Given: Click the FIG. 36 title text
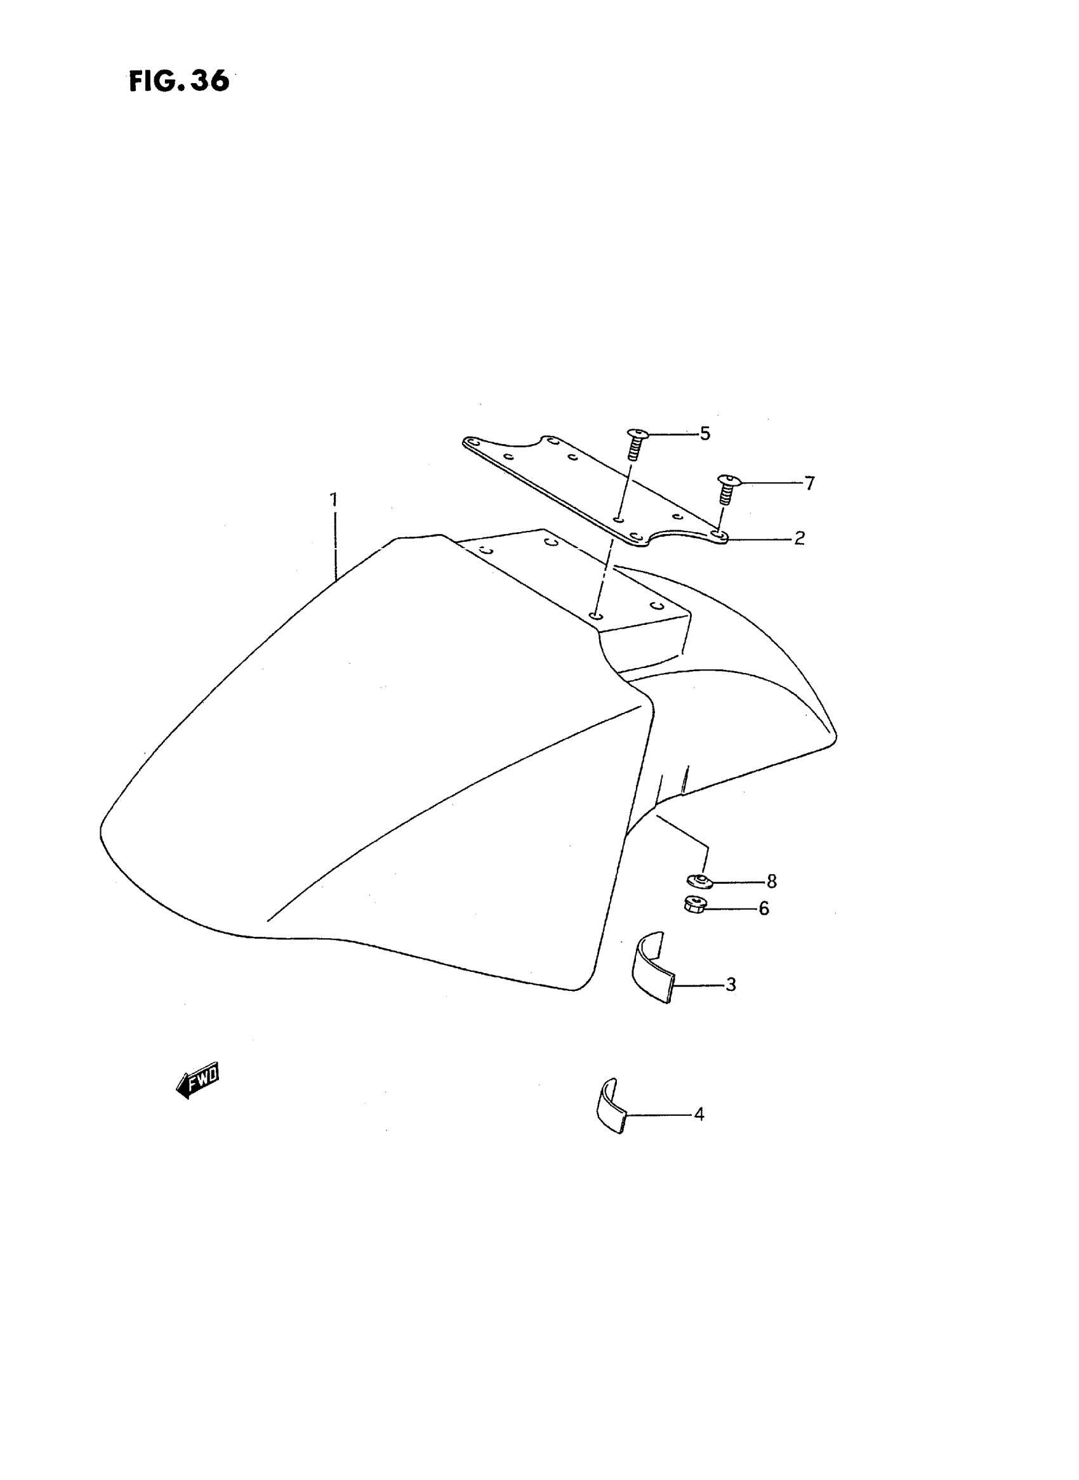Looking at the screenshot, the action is pos(179,81).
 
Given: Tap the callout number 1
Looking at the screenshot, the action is pos(334,500).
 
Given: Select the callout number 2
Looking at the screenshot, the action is pos(799,539).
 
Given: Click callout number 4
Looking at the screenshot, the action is pos(699,1115).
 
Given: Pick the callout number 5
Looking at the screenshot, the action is pos(705,433).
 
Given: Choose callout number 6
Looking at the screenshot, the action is pos(764,909).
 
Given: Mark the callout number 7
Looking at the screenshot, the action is pos(809,484).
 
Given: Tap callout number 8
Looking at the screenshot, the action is pos(771,881).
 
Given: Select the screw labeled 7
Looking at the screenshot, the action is pos(725,489).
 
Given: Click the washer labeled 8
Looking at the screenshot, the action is pos(699,881).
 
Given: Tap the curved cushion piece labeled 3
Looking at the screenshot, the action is pos(651,969).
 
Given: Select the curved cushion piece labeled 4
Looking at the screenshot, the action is pos(611,1105).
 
